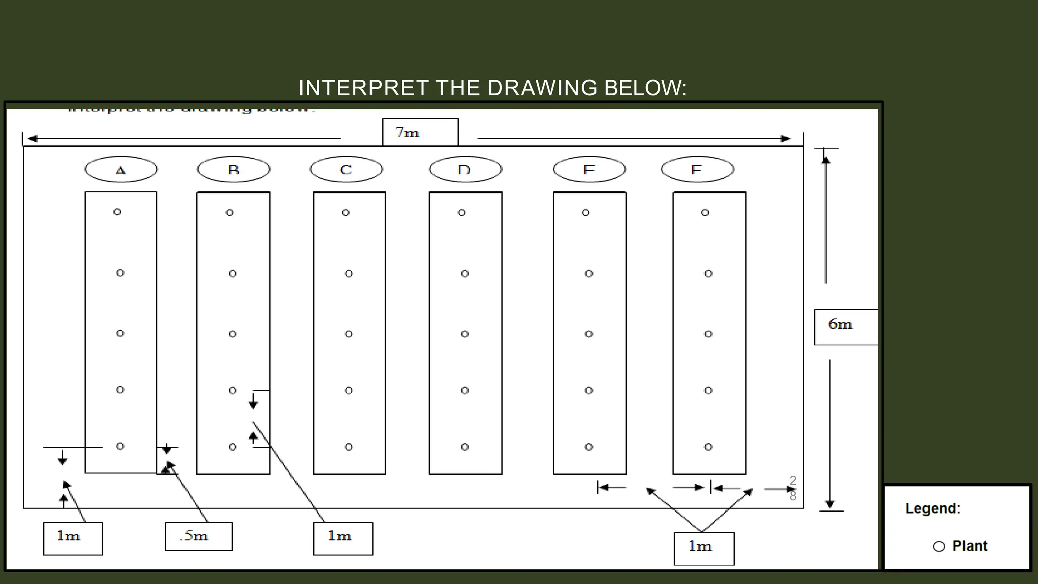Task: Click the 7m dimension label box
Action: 420,132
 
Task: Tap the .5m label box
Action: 199,536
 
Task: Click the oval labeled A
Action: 121,169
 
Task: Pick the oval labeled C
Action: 346,169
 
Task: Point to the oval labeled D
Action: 465,169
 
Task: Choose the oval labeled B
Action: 234,169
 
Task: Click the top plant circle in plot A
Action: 117,212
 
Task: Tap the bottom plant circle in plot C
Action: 349,447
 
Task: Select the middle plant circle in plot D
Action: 465,334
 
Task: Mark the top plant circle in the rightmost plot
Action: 705,212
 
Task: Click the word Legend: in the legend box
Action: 933,508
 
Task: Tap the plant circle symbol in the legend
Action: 939,546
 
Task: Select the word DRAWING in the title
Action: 542,88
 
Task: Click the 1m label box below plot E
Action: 703,548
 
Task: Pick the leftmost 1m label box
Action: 73,538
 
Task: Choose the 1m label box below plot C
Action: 343,538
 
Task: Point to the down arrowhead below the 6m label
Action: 830,504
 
